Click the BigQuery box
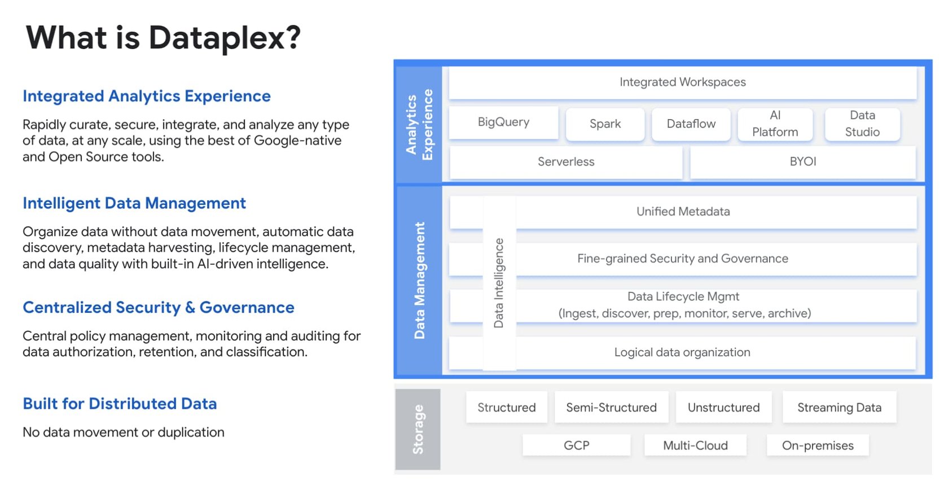503,123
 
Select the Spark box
605,124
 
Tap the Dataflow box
691,124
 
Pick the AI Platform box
775,124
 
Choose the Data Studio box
862,124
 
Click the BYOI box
802,162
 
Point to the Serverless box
566,162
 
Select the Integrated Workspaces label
682,82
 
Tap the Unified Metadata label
683,212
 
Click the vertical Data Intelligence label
499,283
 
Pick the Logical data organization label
682,353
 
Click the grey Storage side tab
418,429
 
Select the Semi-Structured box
611,408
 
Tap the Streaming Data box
839,408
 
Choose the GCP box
576,445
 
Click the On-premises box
817,445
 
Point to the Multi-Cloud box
695,445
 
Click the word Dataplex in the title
224,38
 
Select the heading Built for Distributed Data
120,404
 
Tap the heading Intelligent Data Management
134,203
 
